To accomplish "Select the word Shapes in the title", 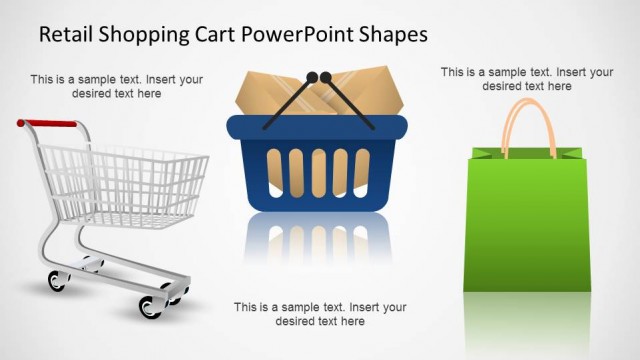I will (x=392, y=34).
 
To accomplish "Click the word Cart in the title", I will (x=205, y=34).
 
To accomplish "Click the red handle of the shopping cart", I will (x=50, y=124).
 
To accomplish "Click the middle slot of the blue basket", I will (x=317, y=171).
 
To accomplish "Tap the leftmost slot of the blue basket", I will (x=272, y=171).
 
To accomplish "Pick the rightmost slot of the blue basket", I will (x=363, y=171).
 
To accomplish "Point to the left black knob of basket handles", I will (x=311, y=76).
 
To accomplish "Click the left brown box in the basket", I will (x=270, y=95).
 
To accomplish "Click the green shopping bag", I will (x=526, y=225).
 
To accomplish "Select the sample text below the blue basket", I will (x=320, y=314).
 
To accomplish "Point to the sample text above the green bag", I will (x=527, y=79).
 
